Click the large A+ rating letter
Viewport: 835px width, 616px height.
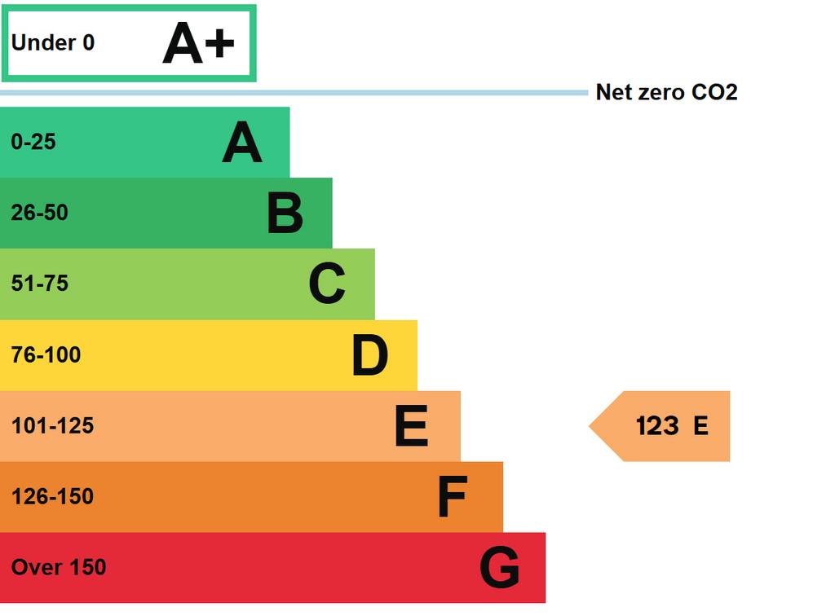[x=198, y=43]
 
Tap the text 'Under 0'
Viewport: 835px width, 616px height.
[x=53, y=42]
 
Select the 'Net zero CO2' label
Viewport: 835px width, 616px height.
[x=667, y=92]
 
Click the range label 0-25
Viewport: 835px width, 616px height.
[x=33, y=142]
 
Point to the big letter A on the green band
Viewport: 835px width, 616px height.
[x=242, y=142]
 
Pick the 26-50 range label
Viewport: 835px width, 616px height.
[x=39, y=213]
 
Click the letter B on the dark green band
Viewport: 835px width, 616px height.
[x=285, y=213]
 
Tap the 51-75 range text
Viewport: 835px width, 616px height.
[x=40, y=284]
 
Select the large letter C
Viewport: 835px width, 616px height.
[x=327, y=284]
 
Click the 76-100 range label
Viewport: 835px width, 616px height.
[x=46, y=354]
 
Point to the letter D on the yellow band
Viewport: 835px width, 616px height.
[x=369, y=354]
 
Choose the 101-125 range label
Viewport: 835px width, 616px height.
[x=53, y=425]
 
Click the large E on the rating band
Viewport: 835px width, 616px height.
[x=412, y=425]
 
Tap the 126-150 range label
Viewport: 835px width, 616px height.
[x=53, y=497]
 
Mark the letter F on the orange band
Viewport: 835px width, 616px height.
[x=453, y=496]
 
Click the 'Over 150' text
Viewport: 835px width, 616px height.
[x=59, y=568]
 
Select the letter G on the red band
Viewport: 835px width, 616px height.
[x=500, y=568]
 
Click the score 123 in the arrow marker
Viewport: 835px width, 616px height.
[x=658, y=426]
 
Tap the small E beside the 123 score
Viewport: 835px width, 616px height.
[x=700, y=426]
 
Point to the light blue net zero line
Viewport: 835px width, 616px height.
[x=294, y=93]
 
